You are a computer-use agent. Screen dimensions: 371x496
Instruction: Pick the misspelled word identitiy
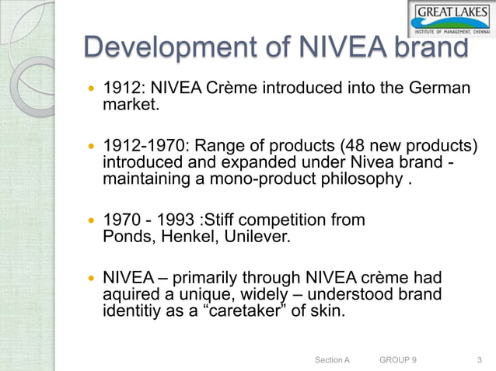pyautogui.click(x=134, y=312)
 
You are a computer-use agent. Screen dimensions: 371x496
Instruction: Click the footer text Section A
pyautogui.click(x=333, y=360)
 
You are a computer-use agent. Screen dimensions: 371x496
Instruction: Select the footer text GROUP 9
pyautogui.click(x=397, y=360)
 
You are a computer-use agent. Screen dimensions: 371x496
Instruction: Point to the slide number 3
pyautogui.click(x=478, y=360)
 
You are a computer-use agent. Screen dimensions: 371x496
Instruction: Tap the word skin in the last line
pyautogui.click(x=324, y=312)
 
